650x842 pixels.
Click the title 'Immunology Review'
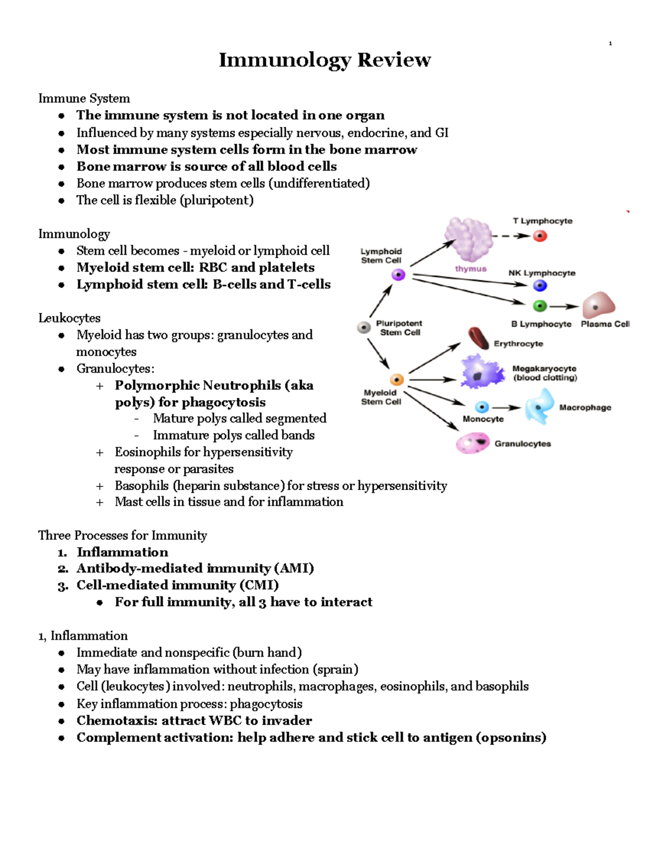click(324, 60)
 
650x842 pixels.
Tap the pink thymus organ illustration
click(468, 239)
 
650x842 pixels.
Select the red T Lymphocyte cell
click(540, 236)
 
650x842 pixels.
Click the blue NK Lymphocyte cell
click(540, 286)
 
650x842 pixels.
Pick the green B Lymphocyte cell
click(540, 306)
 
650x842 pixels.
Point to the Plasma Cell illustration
click(599, 305)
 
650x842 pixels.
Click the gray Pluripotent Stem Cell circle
click(364, 327)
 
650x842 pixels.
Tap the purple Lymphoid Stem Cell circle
click(399, 275)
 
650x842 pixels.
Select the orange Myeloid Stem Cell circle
click(397, 380)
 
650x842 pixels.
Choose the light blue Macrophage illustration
click(539, 407)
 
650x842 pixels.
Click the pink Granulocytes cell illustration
click(473, 443)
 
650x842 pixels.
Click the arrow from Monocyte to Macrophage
click(506, 408)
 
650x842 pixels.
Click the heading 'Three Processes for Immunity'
click(122, 536)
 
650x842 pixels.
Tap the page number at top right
click(610, 43)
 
